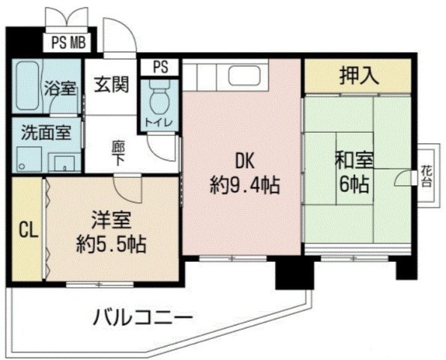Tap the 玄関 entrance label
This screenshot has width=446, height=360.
(x=111, y=83)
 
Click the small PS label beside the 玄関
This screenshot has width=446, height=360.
(x=160, y=67)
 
